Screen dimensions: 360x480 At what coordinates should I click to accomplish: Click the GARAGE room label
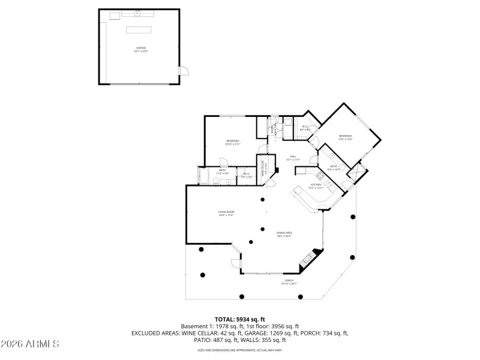pyautogui.click(x=141, y=48)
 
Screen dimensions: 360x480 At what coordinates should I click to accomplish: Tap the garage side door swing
pyautogui.click(x=185, y=70)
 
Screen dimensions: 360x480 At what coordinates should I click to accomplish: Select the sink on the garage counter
pyautogui.click(x=137, y=13)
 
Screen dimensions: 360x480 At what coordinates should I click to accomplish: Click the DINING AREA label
pyautogui.click(x=284, y=233)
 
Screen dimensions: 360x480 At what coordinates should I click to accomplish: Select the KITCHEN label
pyautogui.click(x=316, y=185)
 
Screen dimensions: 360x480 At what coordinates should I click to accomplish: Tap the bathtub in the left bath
pyautogui.click(x=204, y=178)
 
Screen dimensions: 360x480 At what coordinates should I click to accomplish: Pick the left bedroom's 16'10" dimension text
pyautogui.click(x=233, y=144)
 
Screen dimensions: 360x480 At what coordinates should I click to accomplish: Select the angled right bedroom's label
pyautogui.click(x=345, y=136)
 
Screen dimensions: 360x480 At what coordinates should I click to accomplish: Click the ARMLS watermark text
pyautogui.click(x=30, y=344)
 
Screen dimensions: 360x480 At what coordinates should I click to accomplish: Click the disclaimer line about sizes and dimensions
pyautogui.click(x=239, y=350)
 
